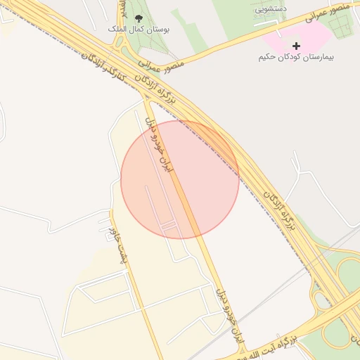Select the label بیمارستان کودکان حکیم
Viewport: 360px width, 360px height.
(x=295, y=56)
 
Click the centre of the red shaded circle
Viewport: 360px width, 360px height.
(x=180, y=179)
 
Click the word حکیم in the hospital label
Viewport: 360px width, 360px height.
(x=269, y=56)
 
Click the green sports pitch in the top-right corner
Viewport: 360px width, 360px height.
(x=339, y=25)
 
